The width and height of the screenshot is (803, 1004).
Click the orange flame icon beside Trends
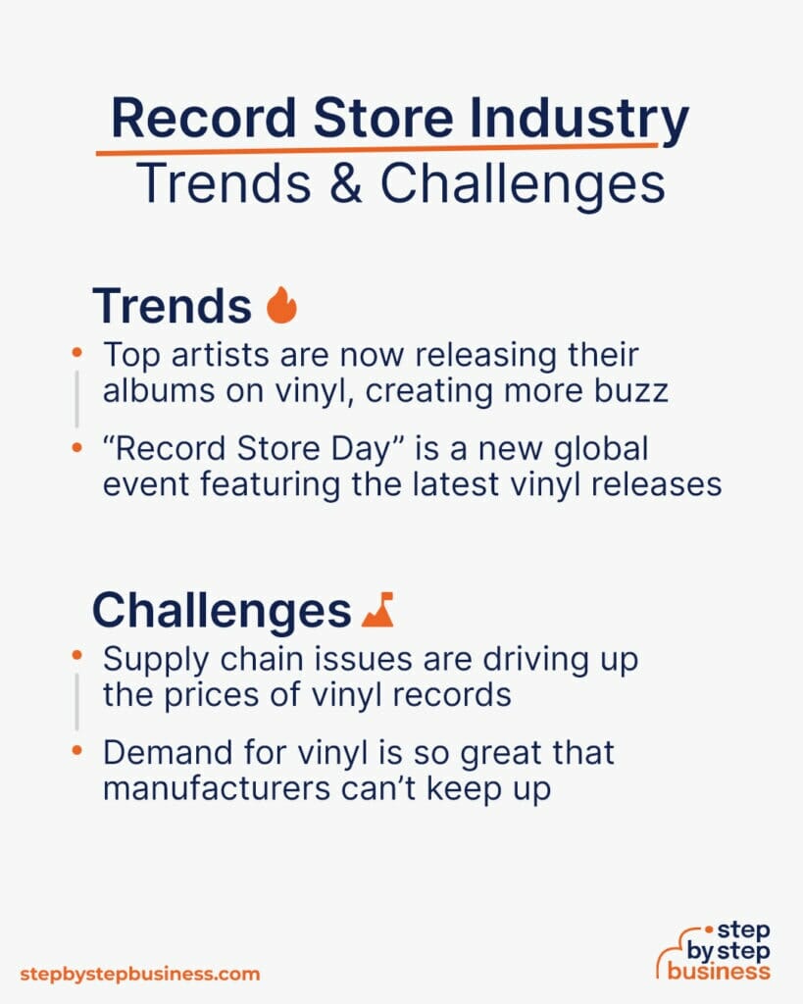coord(281,306)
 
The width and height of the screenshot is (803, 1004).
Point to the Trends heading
coord(172,307)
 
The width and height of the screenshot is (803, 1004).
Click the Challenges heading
coord(222,611)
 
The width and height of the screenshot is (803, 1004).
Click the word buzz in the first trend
coord(631,391)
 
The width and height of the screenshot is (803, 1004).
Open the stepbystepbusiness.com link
coord(140,975)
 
